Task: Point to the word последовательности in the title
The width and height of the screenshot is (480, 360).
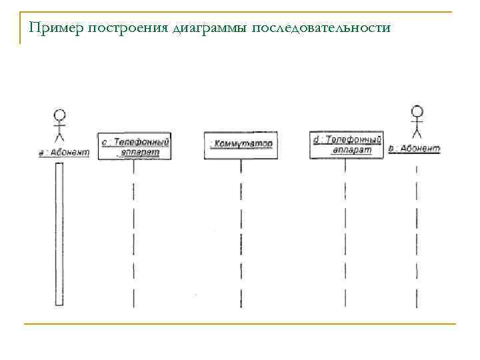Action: pos(320,28)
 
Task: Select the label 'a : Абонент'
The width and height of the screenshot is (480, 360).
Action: pos(63,152)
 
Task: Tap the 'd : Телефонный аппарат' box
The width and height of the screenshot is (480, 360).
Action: pos(346,145)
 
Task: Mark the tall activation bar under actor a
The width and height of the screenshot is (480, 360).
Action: pos(59,233)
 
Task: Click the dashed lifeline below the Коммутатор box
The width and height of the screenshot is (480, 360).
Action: pos(241,233)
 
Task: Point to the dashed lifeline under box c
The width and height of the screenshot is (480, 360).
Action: pos(134,233)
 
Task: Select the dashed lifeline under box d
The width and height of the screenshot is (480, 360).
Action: pos(345,233)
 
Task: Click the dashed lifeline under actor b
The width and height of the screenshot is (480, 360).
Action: pos(417,233)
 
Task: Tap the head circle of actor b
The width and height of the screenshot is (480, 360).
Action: pos(417,111)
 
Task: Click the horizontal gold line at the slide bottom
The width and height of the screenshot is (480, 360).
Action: pos(240,324)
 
